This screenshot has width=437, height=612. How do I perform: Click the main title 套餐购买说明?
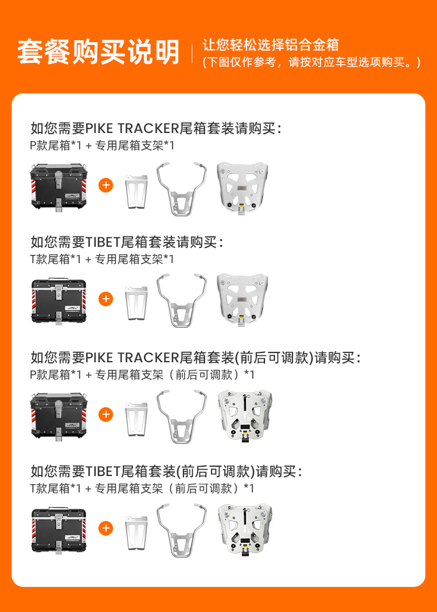tap(98, 51)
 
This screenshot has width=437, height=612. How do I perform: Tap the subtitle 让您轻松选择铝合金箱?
tap(270, 45)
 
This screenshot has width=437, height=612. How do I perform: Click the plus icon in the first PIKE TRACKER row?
tap(105, 185)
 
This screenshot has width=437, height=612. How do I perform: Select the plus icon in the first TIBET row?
tap(105, 299)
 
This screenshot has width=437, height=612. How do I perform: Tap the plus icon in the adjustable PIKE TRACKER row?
tap(105, 414)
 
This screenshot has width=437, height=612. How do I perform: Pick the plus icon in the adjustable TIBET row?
tap(105, 528)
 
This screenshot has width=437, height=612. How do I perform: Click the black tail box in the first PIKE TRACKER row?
tap(59, 187)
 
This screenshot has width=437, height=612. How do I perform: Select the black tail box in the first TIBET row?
tap(59, 301)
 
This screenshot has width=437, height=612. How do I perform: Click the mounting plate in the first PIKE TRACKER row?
tap(242, 187)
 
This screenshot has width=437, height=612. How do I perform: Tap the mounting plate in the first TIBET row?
tap(242, 300)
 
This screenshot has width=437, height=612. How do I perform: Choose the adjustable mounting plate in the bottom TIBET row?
tap(245, 529)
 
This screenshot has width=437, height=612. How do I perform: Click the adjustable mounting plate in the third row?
tap(245, 415)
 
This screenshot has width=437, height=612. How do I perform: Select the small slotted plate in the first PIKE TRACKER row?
tap(136, 191)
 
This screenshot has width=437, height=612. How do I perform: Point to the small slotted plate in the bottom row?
tap(136, 533)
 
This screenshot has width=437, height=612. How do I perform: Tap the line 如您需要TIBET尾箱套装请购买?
tap(127, 242)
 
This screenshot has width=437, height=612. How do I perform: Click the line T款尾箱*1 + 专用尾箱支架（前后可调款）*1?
tap(142, 488)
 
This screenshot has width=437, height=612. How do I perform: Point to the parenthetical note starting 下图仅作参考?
tap(312, 62)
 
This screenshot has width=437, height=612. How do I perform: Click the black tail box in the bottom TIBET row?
tap(59, 530)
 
